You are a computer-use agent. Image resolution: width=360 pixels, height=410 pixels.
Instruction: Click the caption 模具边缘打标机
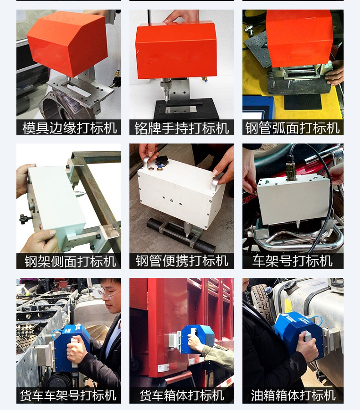70,128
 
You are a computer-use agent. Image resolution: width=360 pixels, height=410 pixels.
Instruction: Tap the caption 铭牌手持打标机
181,128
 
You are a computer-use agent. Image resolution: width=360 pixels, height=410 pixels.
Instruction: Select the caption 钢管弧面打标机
293,128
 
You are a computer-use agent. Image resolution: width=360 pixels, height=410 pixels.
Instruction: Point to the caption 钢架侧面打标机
70,261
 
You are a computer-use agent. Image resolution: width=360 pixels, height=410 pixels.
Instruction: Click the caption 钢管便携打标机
182,261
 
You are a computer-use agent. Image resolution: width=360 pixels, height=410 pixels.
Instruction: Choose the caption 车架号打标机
293,261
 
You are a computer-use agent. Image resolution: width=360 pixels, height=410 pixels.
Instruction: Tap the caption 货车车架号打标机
68,395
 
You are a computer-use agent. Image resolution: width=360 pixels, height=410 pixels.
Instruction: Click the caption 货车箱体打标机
182,395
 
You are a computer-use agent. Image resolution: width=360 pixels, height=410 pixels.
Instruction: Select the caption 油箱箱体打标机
293,395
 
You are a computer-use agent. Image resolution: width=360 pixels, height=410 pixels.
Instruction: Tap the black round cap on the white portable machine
161,160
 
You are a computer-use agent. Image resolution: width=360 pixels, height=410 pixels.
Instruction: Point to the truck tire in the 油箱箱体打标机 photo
260,301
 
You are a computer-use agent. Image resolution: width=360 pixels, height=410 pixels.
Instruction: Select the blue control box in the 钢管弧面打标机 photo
258,108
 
